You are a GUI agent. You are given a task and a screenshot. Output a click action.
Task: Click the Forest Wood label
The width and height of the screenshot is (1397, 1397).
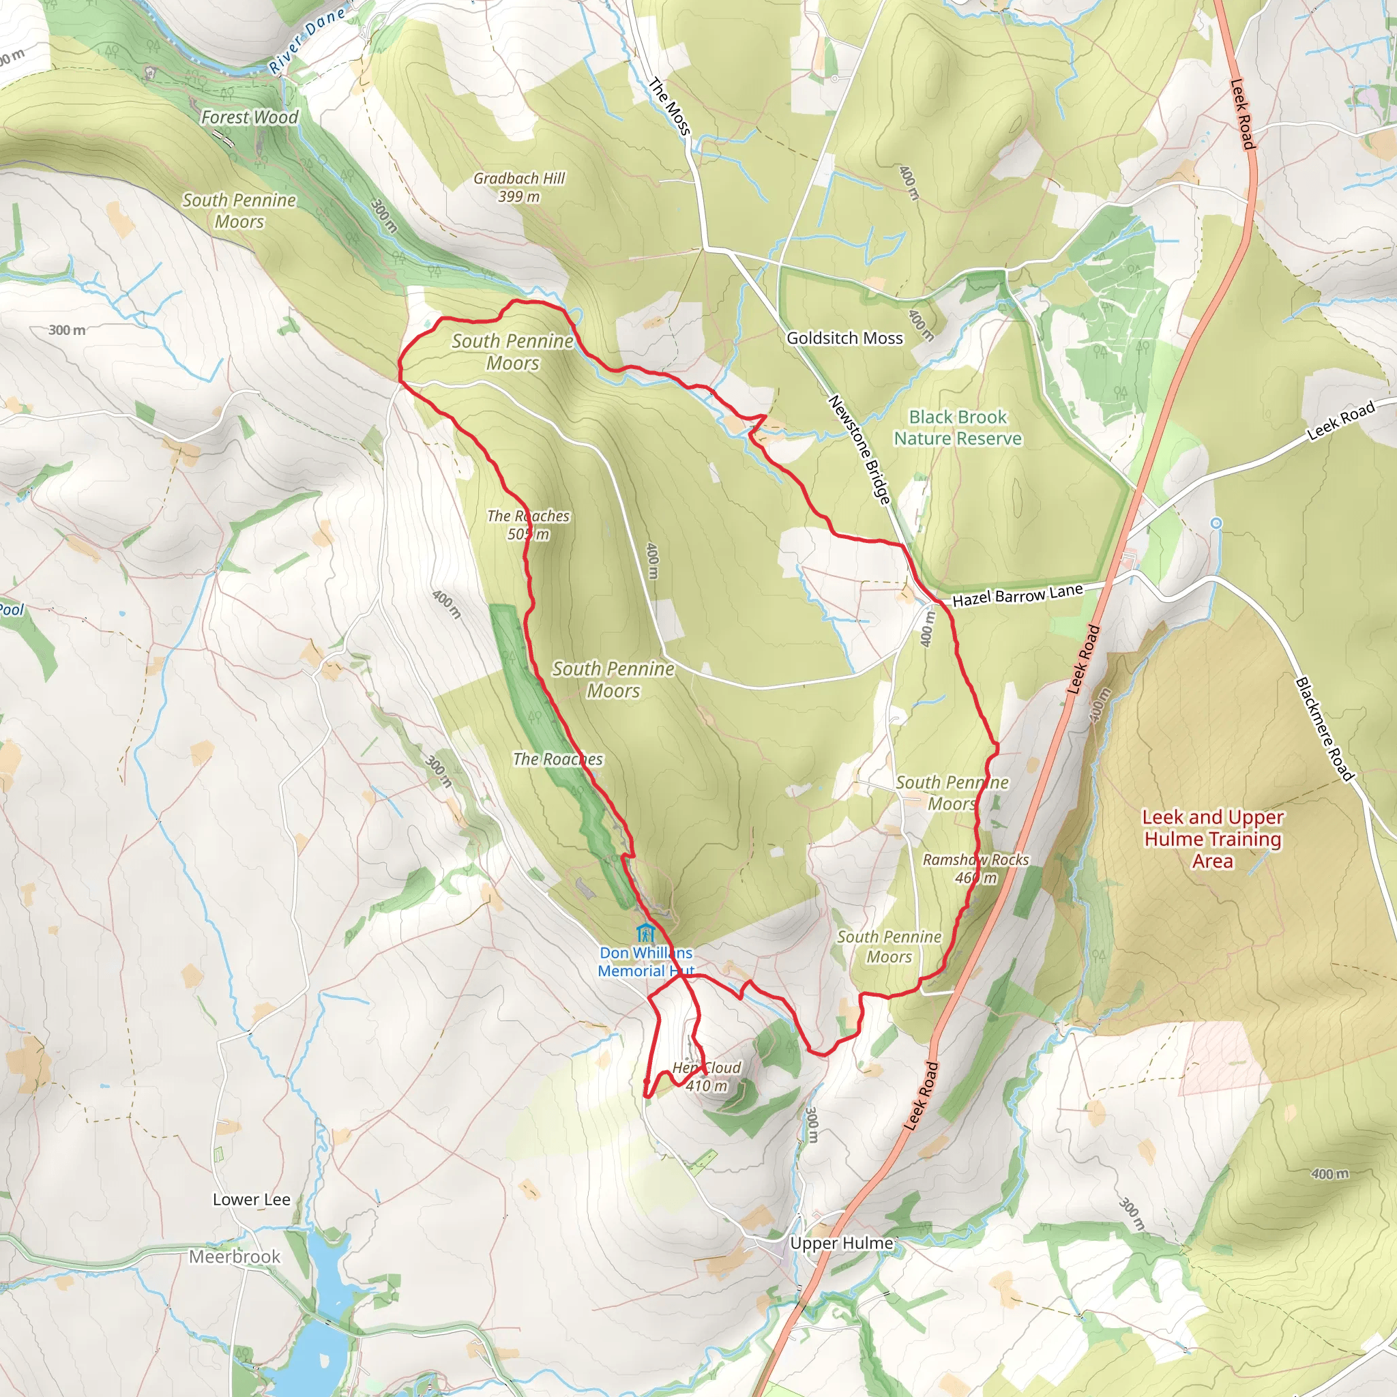[x=250, y=117]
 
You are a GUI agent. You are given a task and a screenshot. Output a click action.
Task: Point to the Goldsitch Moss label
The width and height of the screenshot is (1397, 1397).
[x=844, y=338]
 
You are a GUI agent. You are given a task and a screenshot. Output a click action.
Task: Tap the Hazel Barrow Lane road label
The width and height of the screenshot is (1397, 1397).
[x=1017, y=595]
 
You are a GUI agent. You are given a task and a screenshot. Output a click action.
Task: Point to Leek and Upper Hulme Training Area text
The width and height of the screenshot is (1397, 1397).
[x=1213, y=839]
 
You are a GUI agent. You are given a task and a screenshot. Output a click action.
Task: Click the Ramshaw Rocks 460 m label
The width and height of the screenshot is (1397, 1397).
[x=975, y=868]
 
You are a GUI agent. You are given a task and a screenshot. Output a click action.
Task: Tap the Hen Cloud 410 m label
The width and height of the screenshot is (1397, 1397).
[x=707, y=1076]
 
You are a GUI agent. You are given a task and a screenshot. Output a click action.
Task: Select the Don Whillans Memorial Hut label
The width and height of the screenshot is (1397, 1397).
[x=646, y=962]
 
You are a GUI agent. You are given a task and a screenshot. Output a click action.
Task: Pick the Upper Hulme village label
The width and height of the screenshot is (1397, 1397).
[x=841, y=1243]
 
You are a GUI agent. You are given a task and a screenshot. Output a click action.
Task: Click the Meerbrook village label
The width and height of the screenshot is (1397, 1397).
[x=234, y=1256]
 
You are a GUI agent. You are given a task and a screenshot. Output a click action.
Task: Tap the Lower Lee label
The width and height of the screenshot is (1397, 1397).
[x=252, y=1200]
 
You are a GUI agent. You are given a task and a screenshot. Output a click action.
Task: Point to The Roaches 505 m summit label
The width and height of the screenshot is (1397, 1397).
[x=528, y=525]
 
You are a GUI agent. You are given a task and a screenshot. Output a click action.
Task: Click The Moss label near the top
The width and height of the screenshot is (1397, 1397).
[x=670, y=106]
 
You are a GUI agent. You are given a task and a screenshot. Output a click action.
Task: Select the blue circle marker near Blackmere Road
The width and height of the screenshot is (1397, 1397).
[x=1216, y=523]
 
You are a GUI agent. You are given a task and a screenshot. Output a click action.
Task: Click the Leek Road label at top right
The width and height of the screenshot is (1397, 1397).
[x=1241, y=113]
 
